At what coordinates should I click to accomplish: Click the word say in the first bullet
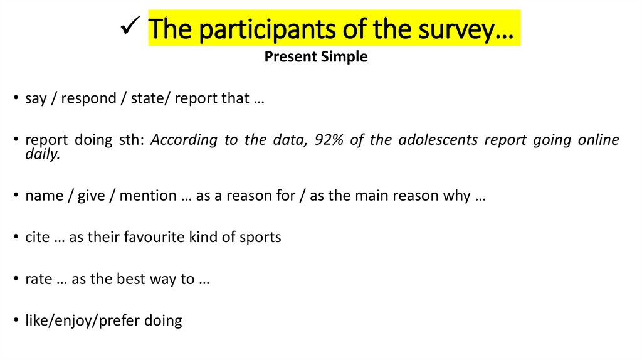coord(36,99)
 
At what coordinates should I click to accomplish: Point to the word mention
coord(148,196)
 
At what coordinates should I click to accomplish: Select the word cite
coord(37,237)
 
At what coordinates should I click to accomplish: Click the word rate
coord(38,279)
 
